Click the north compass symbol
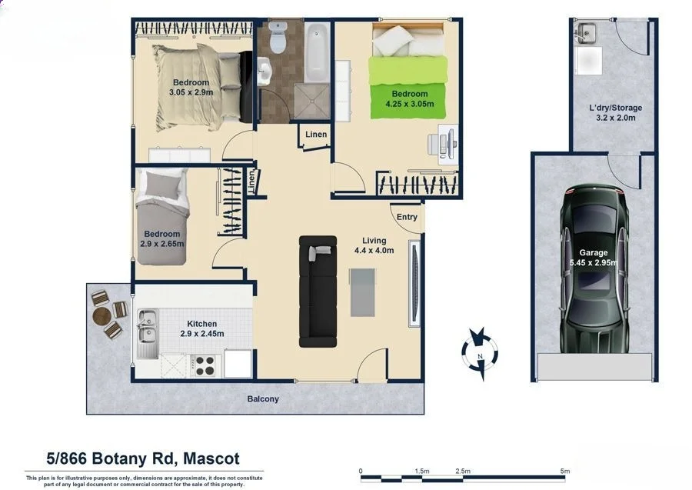point(480,353)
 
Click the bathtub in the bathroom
point(317,52)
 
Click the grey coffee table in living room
point(363,292)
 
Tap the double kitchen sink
point(147,335)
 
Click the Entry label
point(407,217)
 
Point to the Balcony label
point(263,399)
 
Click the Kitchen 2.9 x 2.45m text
point(201,328)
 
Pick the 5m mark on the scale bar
point(564,471)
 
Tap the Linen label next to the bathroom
point(316,135)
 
